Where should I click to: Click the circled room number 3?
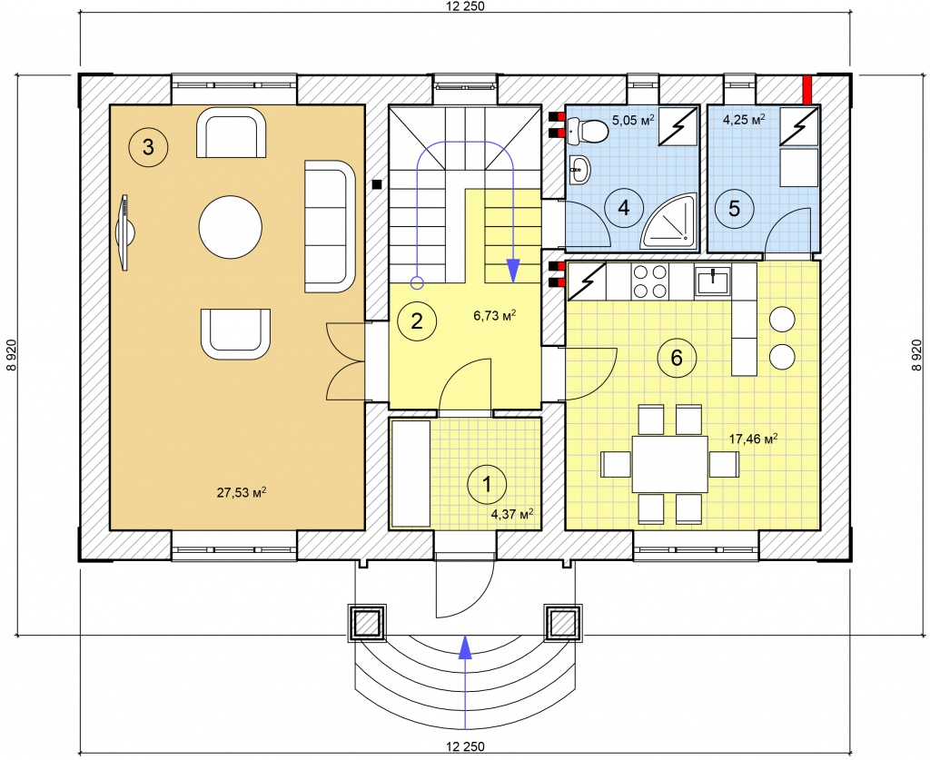(148, 146)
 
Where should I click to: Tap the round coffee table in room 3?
(230, 227)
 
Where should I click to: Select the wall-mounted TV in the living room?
(125, 232)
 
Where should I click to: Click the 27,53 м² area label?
(241, 492)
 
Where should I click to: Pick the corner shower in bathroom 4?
(668, 222)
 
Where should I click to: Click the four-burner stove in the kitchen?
(649, 281)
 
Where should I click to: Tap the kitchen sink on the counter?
(713, 281)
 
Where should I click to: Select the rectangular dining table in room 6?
(669, 464)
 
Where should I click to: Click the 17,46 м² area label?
(753, 439)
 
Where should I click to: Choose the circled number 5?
(734, 208)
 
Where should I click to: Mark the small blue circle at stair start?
(417, 282)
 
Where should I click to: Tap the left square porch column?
(367, 623)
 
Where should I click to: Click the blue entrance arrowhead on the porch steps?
(466, 646)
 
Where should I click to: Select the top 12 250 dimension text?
(465, 6)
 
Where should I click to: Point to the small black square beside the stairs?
(377, 183)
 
